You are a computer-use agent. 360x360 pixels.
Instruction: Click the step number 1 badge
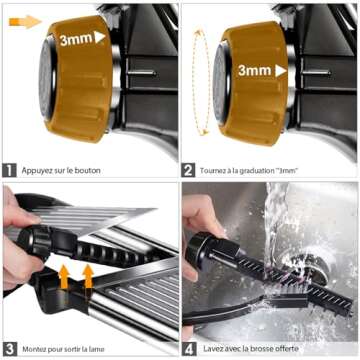[x=9, y=171]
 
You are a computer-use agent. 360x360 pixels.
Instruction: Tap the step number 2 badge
[x=188, y=171]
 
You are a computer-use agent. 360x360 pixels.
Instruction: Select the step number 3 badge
[x=9, y=349]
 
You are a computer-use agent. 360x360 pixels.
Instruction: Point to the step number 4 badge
[x=189, y=349]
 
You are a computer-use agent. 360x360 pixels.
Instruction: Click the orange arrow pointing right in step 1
[x=25, y=22]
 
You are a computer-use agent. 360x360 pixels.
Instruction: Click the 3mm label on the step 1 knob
[x=76, y=39]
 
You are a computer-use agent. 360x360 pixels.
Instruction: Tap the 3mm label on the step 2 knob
[x=255, y=71]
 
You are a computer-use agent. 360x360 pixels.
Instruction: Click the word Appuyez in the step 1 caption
[x=37, y=171]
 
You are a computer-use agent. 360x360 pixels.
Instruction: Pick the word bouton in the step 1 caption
[x=88, y=171]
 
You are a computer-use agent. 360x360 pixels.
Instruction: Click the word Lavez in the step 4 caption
[x=212, y=349]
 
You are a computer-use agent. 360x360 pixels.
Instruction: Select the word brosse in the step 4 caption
[x=266, y=349]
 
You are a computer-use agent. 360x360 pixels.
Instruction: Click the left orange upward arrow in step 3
[x=64, y=277]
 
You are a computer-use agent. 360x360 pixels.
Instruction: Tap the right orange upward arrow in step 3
[x=88, y=276]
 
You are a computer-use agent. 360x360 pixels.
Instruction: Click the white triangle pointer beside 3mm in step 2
[x=281, y=71]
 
